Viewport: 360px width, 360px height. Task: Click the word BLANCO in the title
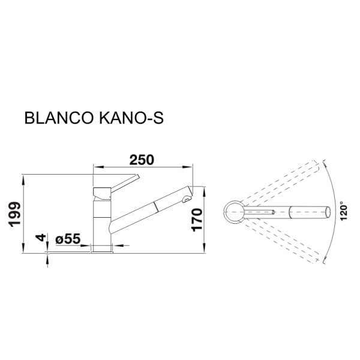click(x=59, y=118)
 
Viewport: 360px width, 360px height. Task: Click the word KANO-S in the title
click(x=131, y=118)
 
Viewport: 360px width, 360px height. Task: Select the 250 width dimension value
click(x=142, y=160)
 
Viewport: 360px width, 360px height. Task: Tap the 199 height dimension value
click(x=15, y=214)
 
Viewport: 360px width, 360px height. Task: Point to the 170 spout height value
click(x=197, y=220)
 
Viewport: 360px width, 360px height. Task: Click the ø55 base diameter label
click(x=68, y=239)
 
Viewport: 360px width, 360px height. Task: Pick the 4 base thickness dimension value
click(x=40, y=238)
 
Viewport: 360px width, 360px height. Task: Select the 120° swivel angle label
click(x=343, y=211)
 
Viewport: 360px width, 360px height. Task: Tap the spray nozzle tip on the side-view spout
click(x=187, y=199)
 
